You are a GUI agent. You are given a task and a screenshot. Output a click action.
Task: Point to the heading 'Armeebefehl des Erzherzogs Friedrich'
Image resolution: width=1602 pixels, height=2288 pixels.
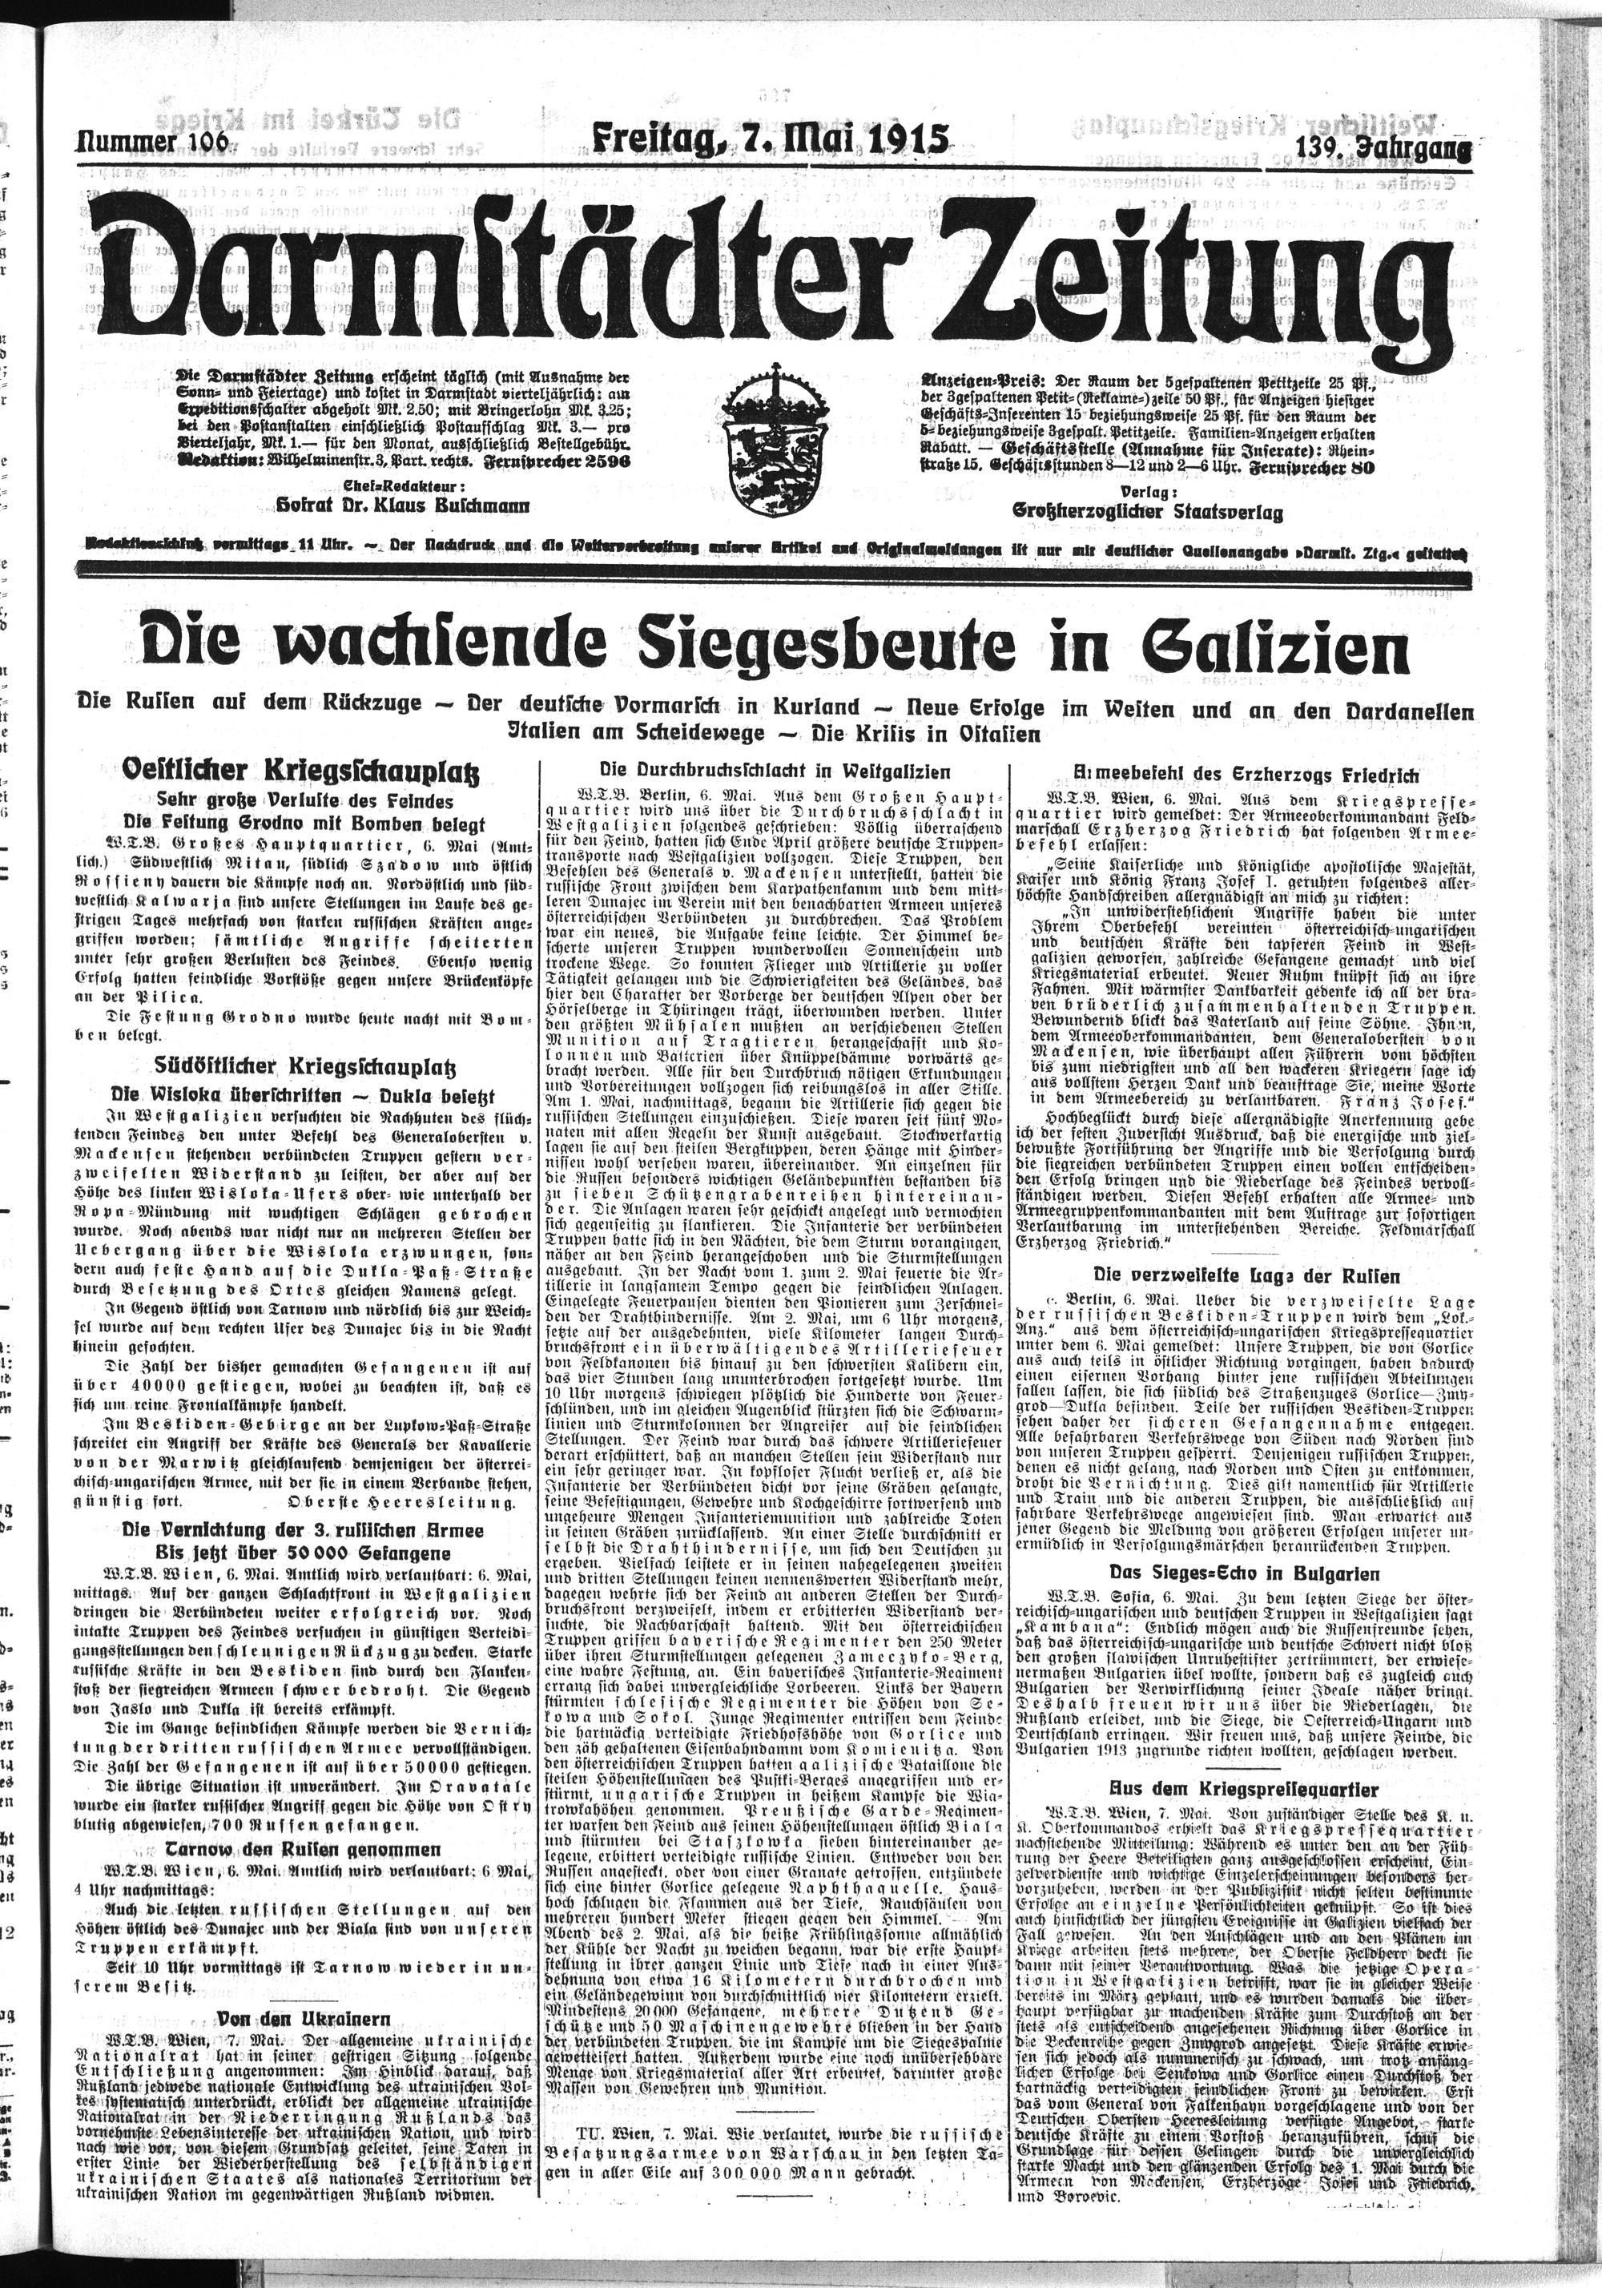1243,773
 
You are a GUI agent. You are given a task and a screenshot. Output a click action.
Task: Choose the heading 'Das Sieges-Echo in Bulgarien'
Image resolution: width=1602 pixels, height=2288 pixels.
1243,1573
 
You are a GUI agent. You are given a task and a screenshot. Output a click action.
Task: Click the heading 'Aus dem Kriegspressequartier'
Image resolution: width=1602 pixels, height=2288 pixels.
1243,1782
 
